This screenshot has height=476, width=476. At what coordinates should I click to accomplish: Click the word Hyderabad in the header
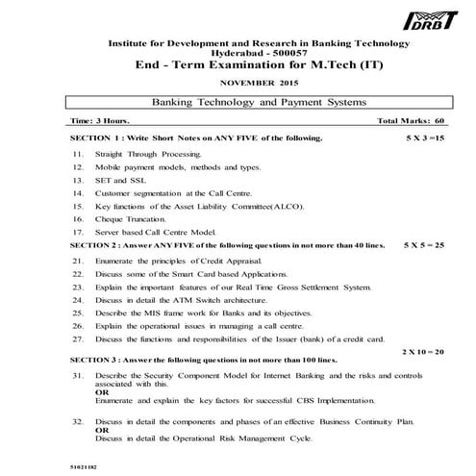(216, 54)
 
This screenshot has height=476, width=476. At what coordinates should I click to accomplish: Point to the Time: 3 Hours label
(101, 123)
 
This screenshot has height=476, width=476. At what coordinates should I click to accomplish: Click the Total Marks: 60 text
(412, 123)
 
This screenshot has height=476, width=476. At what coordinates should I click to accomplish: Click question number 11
(77, 154)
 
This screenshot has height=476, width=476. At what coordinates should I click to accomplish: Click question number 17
(77, 232)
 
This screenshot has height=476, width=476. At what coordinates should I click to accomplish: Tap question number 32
(77, 422)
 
